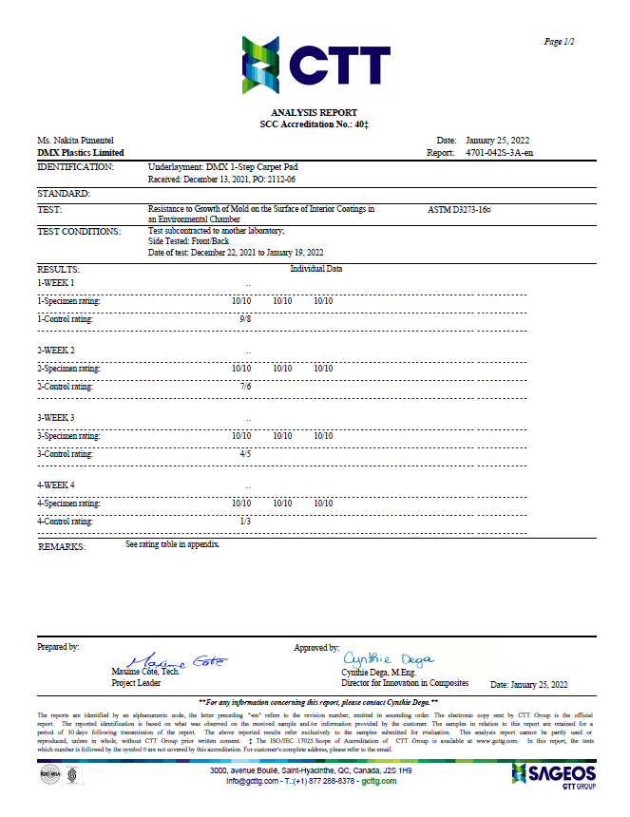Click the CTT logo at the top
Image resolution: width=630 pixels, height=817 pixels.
pyautogui.click(x=315, y=65)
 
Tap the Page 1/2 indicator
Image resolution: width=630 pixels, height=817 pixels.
pyautogui.click(x=559, y=42)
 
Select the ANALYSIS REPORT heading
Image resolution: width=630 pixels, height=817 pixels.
pyautogui.click(x=315, y=113)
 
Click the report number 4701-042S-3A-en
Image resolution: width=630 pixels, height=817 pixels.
pyautogui.click(x=499, y=152)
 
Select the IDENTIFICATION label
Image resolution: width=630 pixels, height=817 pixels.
pyautogui.click(x=75, y=166)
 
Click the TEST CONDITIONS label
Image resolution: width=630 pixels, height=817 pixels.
pyautogui.click(x=79, y=231)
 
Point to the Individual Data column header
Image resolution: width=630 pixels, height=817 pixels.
pyautogui.click(x=316, y=269)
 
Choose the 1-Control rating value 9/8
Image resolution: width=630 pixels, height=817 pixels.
pyautogui.click(x=245, y=319)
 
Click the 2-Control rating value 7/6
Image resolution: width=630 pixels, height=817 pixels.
pyautogui.click(x=245, y=387)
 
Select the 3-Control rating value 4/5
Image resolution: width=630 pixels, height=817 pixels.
pyautogui.click(x=245, y=454)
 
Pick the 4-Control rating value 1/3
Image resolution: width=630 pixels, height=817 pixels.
pyautogui.click(x=245, y=522)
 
